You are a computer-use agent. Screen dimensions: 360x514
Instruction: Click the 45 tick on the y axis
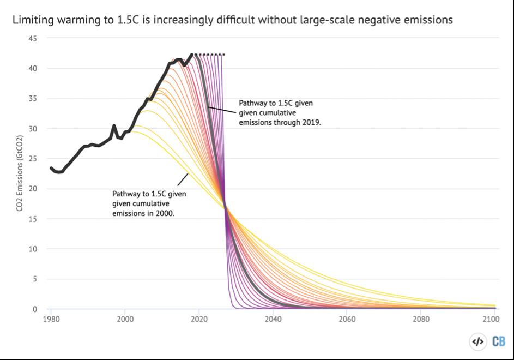pos(33,39)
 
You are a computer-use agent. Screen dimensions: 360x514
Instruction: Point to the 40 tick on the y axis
pos(33,69)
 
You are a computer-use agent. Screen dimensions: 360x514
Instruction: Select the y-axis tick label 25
pos(33,159)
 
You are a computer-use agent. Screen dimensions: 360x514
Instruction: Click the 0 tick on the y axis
pos(35,309)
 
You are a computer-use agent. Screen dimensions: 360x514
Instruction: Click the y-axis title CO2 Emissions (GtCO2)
pos(19,174)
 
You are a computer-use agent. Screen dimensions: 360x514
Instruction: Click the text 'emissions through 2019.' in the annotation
pos(280,123)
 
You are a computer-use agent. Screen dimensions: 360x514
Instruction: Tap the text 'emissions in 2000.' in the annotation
pos(143,214)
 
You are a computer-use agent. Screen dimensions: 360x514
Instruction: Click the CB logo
pos(498,341)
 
